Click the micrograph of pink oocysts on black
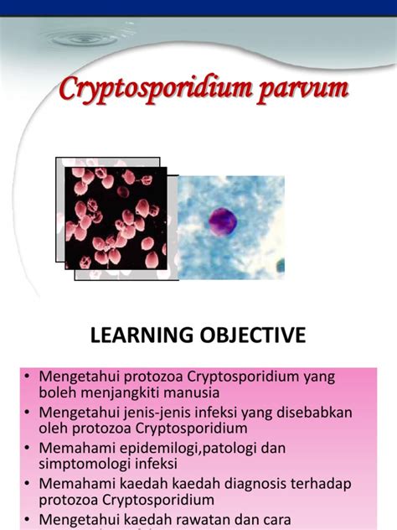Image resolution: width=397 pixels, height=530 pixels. coord(116,216)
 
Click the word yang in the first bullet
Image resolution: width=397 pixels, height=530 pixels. coord(319,377)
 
